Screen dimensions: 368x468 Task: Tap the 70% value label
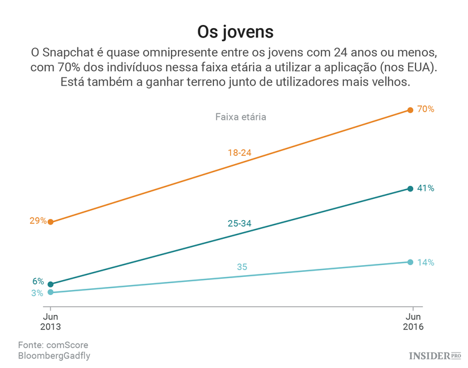(x=426, y=109)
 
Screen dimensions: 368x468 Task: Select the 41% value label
(x=426, y=188)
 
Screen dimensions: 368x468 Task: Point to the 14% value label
(x=426, y=262)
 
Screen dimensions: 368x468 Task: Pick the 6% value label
(x=38, y=281)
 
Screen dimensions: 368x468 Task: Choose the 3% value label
(x=37, y=293)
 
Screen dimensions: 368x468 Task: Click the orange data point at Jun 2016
(x=410, y=110)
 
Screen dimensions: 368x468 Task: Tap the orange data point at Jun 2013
(x=51, y=222)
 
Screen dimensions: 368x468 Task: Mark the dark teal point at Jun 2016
(x=410, y=188)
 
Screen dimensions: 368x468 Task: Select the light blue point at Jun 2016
(x=410, y=262)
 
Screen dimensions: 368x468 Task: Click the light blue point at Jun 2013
(x=51, y=292)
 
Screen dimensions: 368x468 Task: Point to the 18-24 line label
(x=240, y=152)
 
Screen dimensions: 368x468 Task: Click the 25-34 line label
(x=240, y=223)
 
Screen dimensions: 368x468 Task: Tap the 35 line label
(x=242, y=267)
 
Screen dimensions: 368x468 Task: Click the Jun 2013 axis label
(x=50, y=321)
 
